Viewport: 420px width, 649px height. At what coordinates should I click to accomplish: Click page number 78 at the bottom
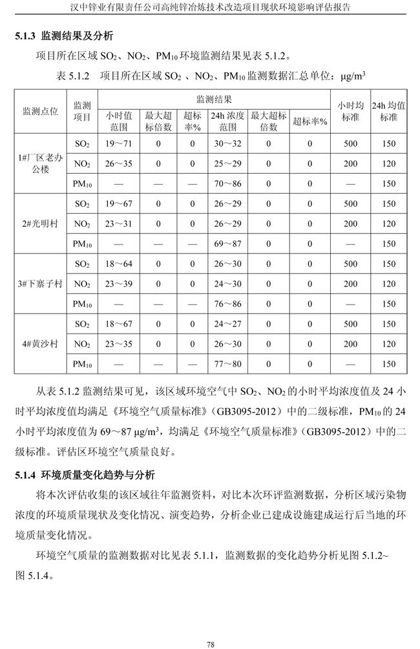(x=210, y=626)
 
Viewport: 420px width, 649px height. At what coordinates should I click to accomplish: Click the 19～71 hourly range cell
(x=118, y=144)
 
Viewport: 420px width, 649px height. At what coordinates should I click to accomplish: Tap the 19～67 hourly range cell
(x=118, y=204)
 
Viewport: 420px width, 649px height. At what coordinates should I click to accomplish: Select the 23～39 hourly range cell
(x=118, y=284)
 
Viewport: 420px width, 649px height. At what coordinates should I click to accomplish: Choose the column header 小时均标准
(x=350, y=111)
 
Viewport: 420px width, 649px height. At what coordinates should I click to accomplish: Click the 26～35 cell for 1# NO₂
(x=118, y=164)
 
